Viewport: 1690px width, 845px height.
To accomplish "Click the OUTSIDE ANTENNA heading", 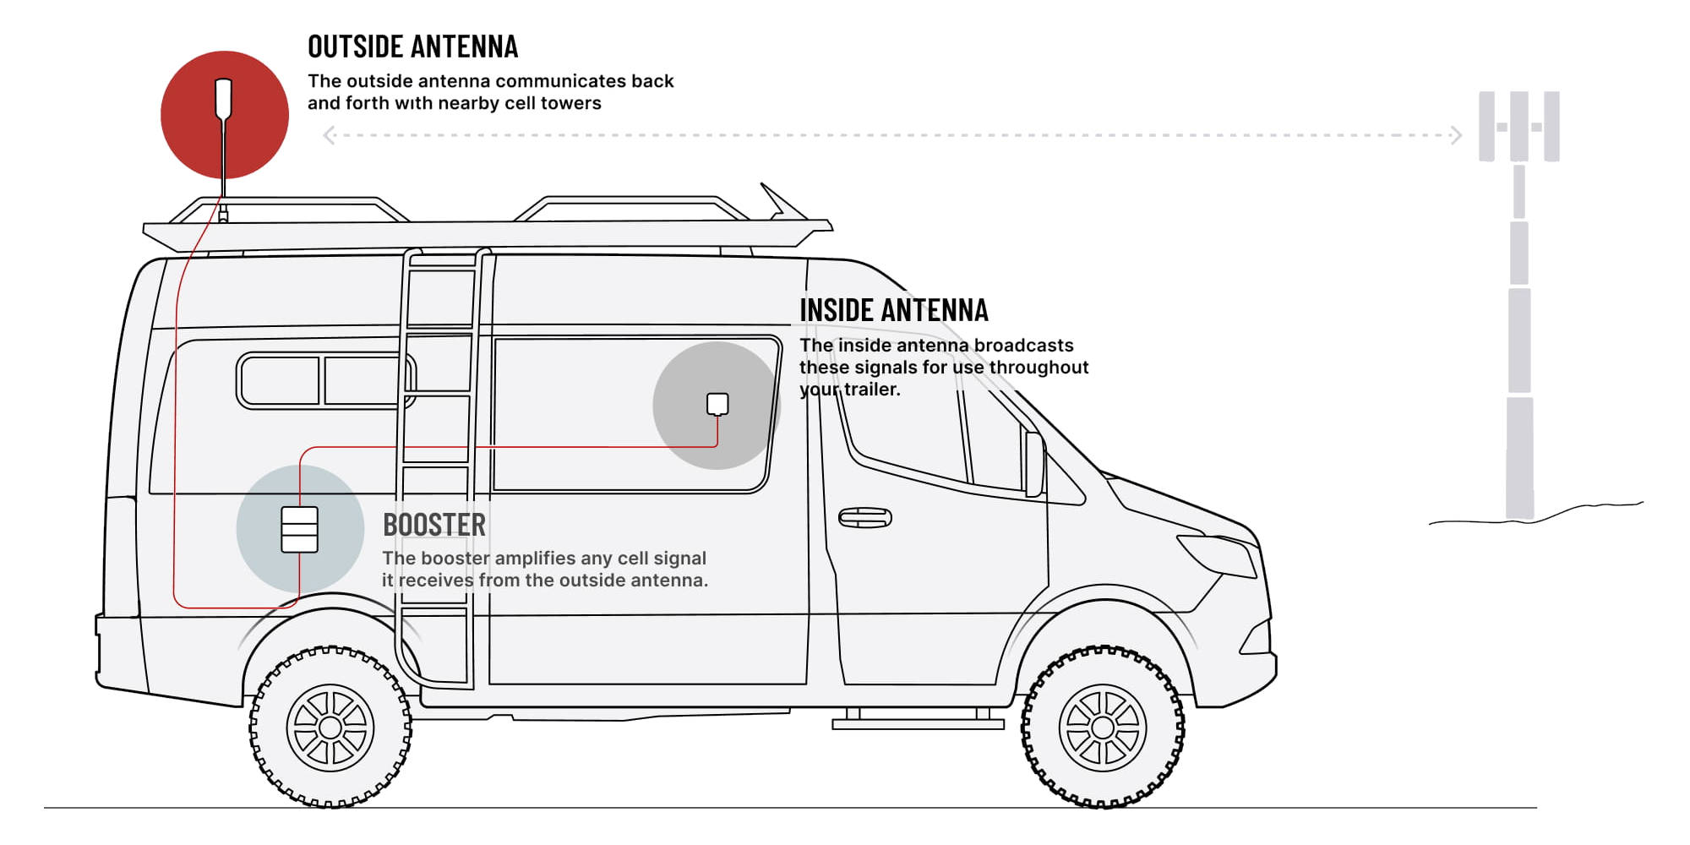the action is coord(412,46).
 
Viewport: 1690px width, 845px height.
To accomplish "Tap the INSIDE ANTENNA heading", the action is coord(894,310).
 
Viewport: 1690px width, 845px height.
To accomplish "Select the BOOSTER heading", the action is coord(434,525).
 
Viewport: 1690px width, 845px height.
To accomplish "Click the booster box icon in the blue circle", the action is coord(299,530).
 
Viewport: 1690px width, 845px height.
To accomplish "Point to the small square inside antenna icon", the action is coord(717,404).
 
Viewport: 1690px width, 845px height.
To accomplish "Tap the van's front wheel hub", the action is coord(1103,728).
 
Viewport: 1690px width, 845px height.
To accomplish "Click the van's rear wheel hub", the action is coord(330,728).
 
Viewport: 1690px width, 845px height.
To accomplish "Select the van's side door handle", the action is coord(864,518).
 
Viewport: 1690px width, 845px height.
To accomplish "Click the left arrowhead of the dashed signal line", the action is coord(330,135).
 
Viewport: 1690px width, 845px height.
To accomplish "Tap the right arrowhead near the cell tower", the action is coord(1456,135).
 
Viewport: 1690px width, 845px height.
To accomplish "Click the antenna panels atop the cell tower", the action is coord(1518,127).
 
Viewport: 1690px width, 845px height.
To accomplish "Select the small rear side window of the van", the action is coord(326,380).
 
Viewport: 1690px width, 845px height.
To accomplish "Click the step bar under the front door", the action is coord(919,724).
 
